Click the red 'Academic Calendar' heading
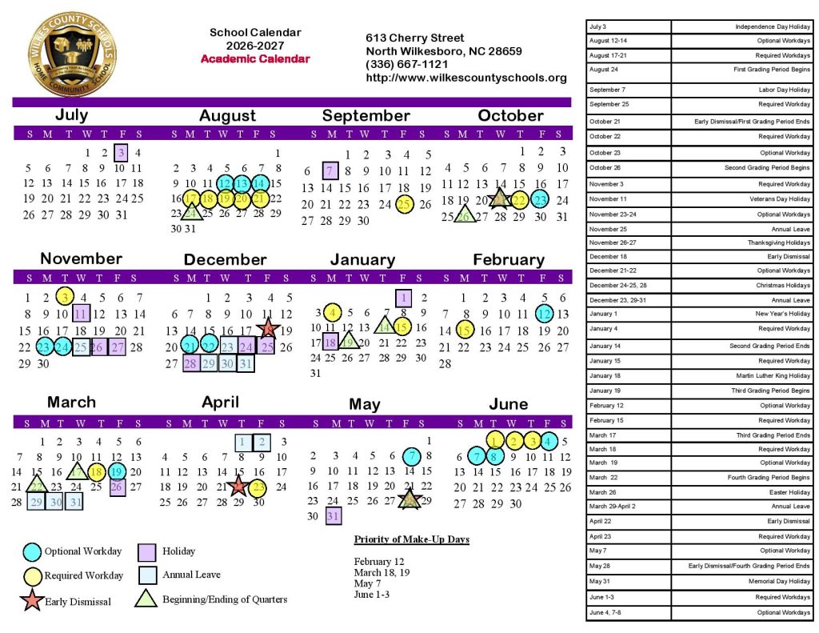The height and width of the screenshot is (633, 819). pyautogui.click(x=255, y=59)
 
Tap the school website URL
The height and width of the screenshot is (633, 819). pyautogui.click(x=465, y=78)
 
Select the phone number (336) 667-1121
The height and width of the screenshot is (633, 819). pyautogui.click(x=406, y=64)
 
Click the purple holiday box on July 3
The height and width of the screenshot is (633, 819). pyautogui.click(x=120, y=152)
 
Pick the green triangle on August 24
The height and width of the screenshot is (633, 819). pyautogui.click(x=191, y=213)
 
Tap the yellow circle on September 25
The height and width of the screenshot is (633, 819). pyautogui.click(x=405, y=204)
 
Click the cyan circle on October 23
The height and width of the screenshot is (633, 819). pyautogui.click(x=541, y=200)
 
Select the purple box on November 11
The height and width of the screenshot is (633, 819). pyautogui.click(x=81, y=313)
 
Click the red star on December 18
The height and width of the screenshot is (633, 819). pyautogui.click(x=268, y=329)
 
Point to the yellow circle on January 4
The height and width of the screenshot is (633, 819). pyautogui.click(x=334, y=312)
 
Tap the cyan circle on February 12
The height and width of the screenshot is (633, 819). pyautogui.click(x=545, y=314)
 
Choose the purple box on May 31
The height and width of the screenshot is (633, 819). pyautogui.click(x=334, y=516)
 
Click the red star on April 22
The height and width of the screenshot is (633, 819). pyautogui.click(x=238, y=486)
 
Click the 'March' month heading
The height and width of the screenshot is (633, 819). pyautogui.click(x=71, y=403)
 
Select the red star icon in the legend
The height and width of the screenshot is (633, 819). pyautogui.click(x=32, y=601)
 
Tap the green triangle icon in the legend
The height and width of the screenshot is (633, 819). pyautogui.click(x=146, y=599)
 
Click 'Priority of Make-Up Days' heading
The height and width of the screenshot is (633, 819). pyautogui.click(x=411, y=539)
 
